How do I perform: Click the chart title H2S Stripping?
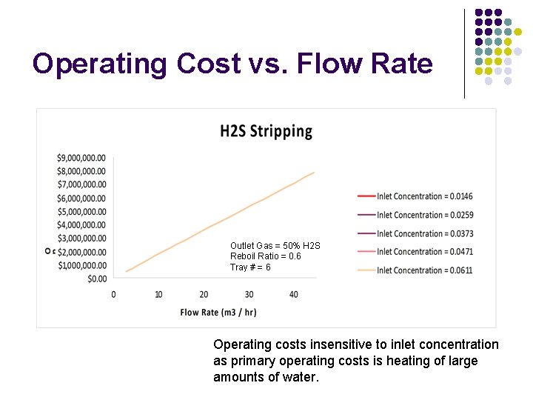pyautogui.click(x=266, y=132)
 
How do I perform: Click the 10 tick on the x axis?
pyautogui.click(x=158, y=295)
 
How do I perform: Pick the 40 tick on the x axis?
pyautogui.click(x=294, y=295)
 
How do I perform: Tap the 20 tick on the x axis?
pyautogui.click(x=204, y=295)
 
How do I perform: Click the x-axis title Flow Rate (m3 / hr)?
pyautogui.click(x=218, y=312)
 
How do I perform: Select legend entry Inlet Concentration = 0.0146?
pyautogui.click(x=424, y=196)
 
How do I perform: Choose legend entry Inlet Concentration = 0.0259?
pyautogui.click(x=424, y=215)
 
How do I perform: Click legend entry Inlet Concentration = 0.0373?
pyautogui.click(x=424, y=233)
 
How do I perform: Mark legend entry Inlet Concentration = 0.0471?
pyautogui.click(x=424, y=252)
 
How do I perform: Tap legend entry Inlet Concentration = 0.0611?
pyautogui.click(x=424, y=270)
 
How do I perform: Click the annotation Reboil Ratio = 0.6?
pyautogui.click(x=266, y=256)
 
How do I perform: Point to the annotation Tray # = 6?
pyautogui.click(x=250, y=267)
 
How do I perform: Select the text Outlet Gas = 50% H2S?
pyautogui.click(x=275, y=246)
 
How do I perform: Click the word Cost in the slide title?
pyautogui.click(x=209, y=64)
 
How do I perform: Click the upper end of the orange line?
pyautogui.click(x=315, y=173)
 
